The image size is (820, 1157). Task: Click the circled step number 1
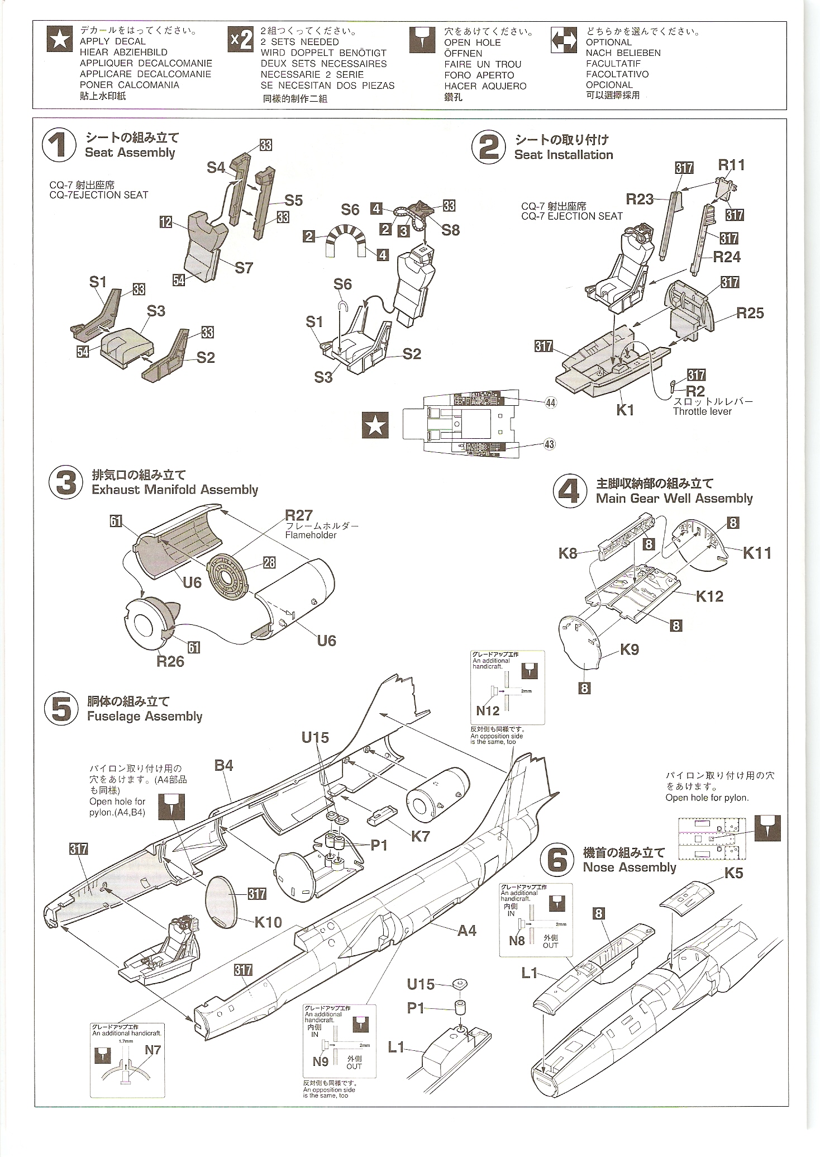[59, 145]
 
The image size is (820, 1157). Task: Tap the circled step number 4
[569, 491]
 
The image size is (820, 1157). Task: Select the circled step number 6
[557, 860]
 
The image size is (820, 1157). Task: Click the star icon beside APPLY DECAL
[60, 39]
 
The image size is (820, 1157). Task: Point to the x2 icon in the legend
[241, 40]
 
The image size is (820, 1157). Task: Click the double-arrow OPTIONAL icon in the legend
[564, 40]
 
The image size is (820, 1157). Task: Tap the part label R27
[298, 515]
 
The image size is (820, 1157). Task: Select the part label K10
[268, 922]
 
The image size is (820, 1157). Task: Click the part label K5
[733, 873]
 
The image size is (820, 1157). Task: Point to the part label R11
[731, 165]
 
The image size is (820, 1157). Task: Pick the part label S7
[244, 268]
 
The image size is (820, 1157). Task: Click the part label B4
[223, 765]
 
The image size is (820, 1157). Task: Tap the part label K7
[421, 836]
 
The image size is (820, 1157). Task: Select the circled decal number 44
[551, 403]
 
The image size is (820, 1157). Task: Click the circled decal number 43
[549, 444]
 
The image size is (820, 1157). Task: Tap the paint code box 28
[269, 562]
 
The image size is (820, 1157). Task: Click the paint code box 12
[166, 222]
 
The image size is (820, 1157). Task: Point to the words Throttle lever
[702, 411]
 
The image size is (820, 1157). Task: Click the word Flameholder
[311, 535]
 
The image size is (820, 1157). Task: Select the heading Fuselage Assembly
[145, 716]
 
